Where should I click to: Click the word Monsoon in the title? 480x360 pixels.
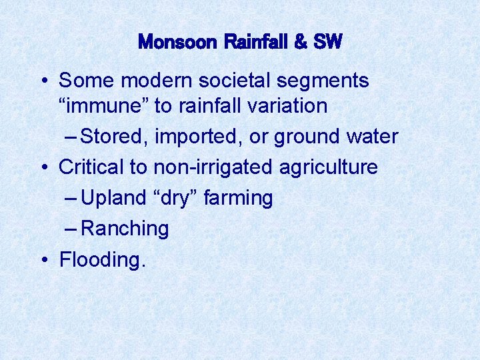coord(177,43)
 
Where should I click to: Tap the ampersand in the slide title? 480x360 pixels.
coord(301,43)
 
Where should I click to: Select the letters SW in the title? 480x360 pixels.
coord(327,43)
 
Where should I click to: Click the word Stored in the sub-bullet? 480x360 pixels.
coord(114,137)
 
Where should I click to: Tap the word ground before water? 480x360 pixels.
coord(303,137)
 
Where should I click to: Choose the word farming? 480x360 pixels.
coord(240,198)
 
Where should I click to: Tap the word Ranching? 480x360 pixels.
coord(125,229)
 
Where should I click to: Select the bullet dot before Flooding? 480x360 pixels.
coord(44,260)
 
